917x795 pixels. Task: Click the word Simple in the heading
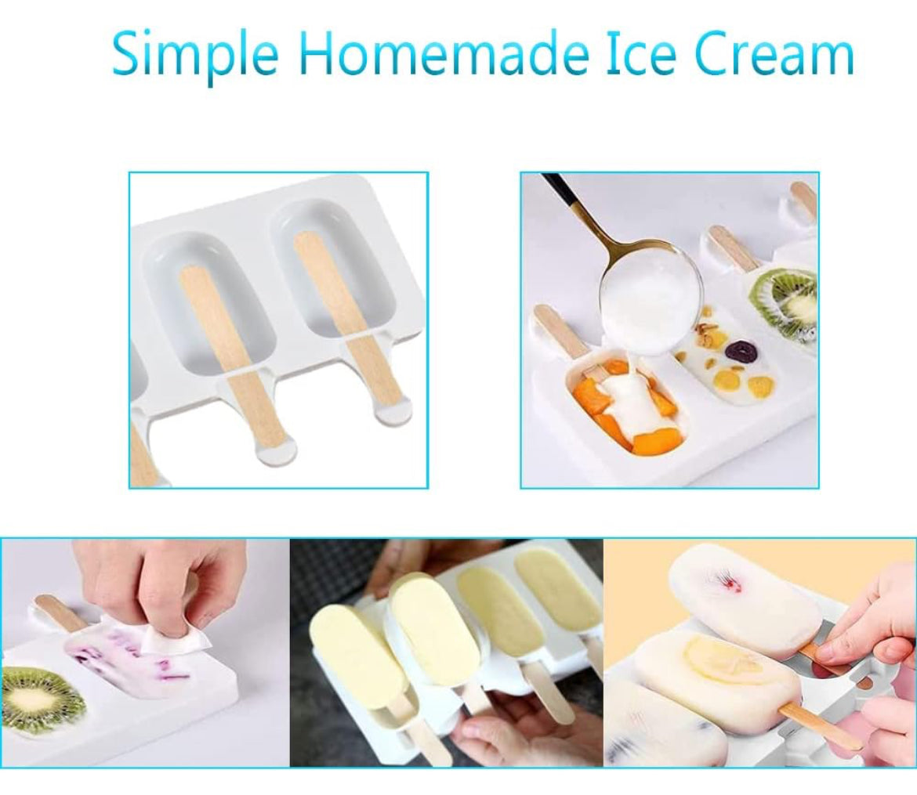pos(194,54)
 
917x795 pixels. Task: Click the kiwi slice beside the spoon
pos(787,304)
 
